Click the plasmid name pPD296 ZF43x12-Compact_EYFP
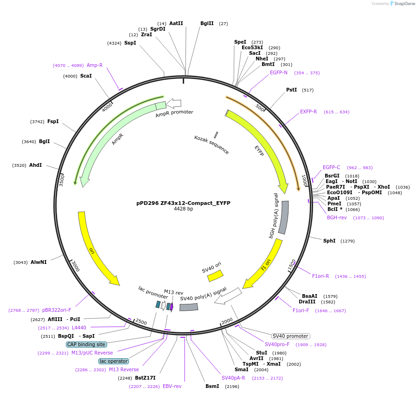[183, 203]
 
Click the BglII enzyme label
[207, 23]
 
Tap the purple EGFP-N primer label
[279, 72]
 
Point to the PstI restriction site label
[291, 90]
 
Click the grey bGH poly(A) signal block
[283, 217]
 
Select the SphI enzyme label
[329, 241]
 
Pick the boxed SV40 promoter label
[290, 336]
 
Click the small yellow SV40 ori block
[215, 276]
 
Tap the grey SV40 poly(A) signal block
[189, 307]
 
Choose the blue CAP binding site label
[86, 344]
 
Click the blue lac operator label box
[114, 361]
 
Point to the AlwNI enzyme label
[38, 263]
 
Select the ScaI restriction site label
[86, 76]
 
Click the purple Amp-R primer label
[95, 66]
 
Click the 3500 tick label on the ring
[62, 180]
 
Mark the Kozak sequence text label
[211, 144]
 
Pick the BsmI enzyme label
[212, 386]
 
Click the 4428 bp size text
[183, 209]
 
